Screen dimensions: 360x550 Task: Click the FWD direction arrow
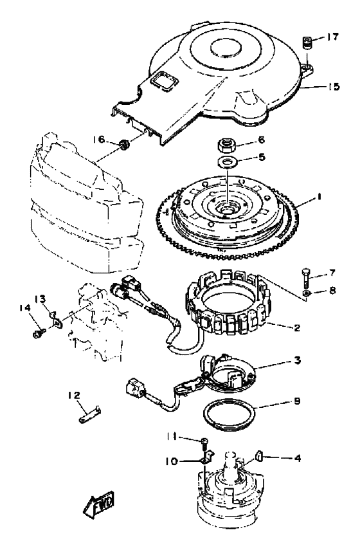tap(99, 504)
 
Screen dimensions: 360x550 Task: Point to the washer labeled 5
tap(226, 163)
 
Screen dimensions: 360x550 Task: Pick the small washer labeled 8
tap(306, 293)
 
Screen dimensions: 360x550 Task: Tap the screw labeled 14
tap(38, 333)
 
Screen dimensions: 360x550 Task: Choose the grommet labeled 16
tap(123, 144)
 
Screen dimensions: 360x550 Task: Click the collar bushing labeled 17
tap(307, 44)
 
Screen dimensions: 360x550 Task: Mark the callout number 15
tap(334, 86)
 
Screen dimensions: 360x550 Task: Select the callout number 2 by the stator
tap(296, 328)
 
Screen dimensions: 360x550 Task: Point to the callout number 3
tap(297, 360)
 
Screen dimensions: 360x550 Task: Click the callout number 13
tap(40, 299)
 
